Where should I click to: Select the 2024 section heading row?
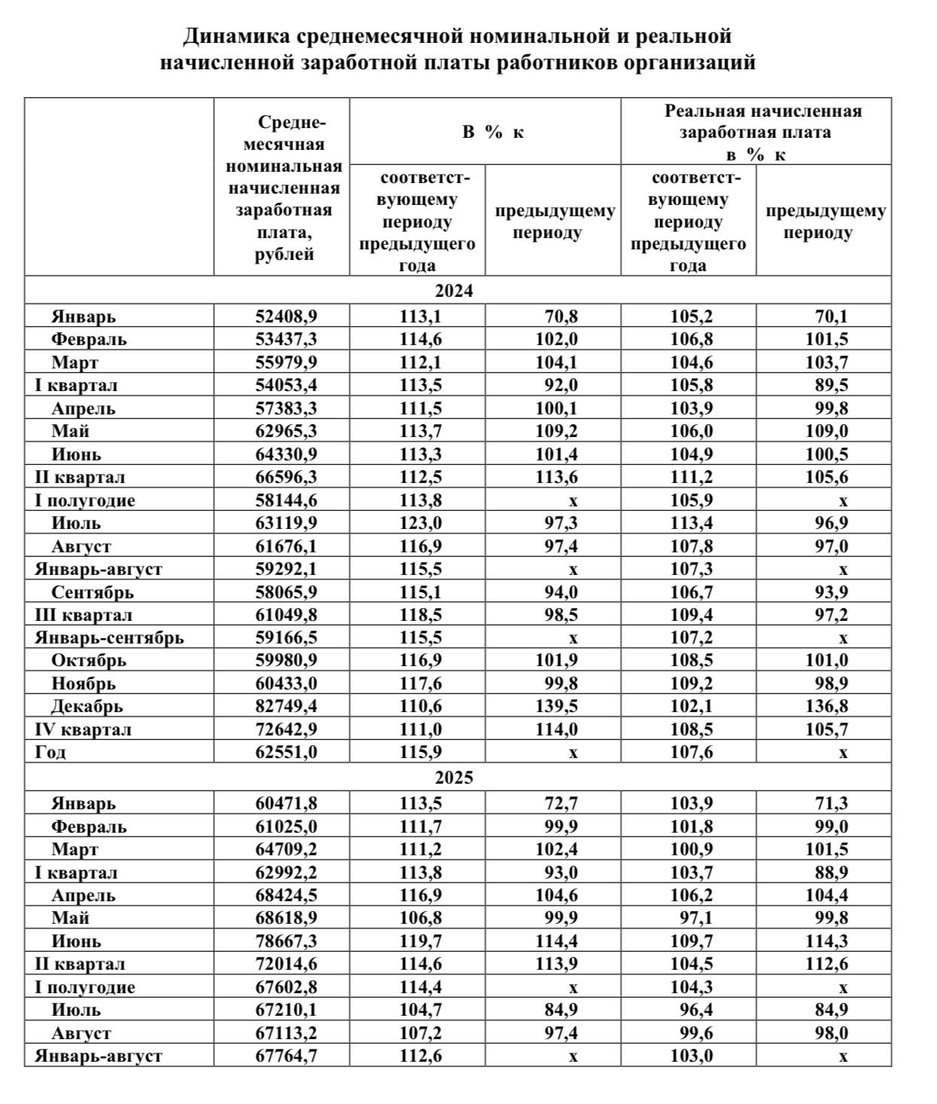point(454,291)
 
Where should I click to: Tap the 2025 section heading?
point(454,778)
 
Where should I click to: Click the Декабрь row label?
point(87,707)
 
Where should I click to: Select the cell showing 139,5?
point(556,707)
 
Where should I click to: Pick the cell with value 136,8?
point(827,707)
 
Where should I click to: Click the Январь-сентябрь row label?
point(109,638)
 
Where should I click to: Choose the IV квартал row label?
point(83,729)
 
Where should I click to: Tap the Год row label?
point(50,752)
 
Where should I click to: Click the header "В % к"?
point(493,132)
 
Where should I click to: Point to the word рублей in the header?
point(284,255)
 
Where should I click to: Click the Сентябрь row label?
point(93,592)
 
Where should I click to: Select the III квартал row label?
point(84,615)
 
